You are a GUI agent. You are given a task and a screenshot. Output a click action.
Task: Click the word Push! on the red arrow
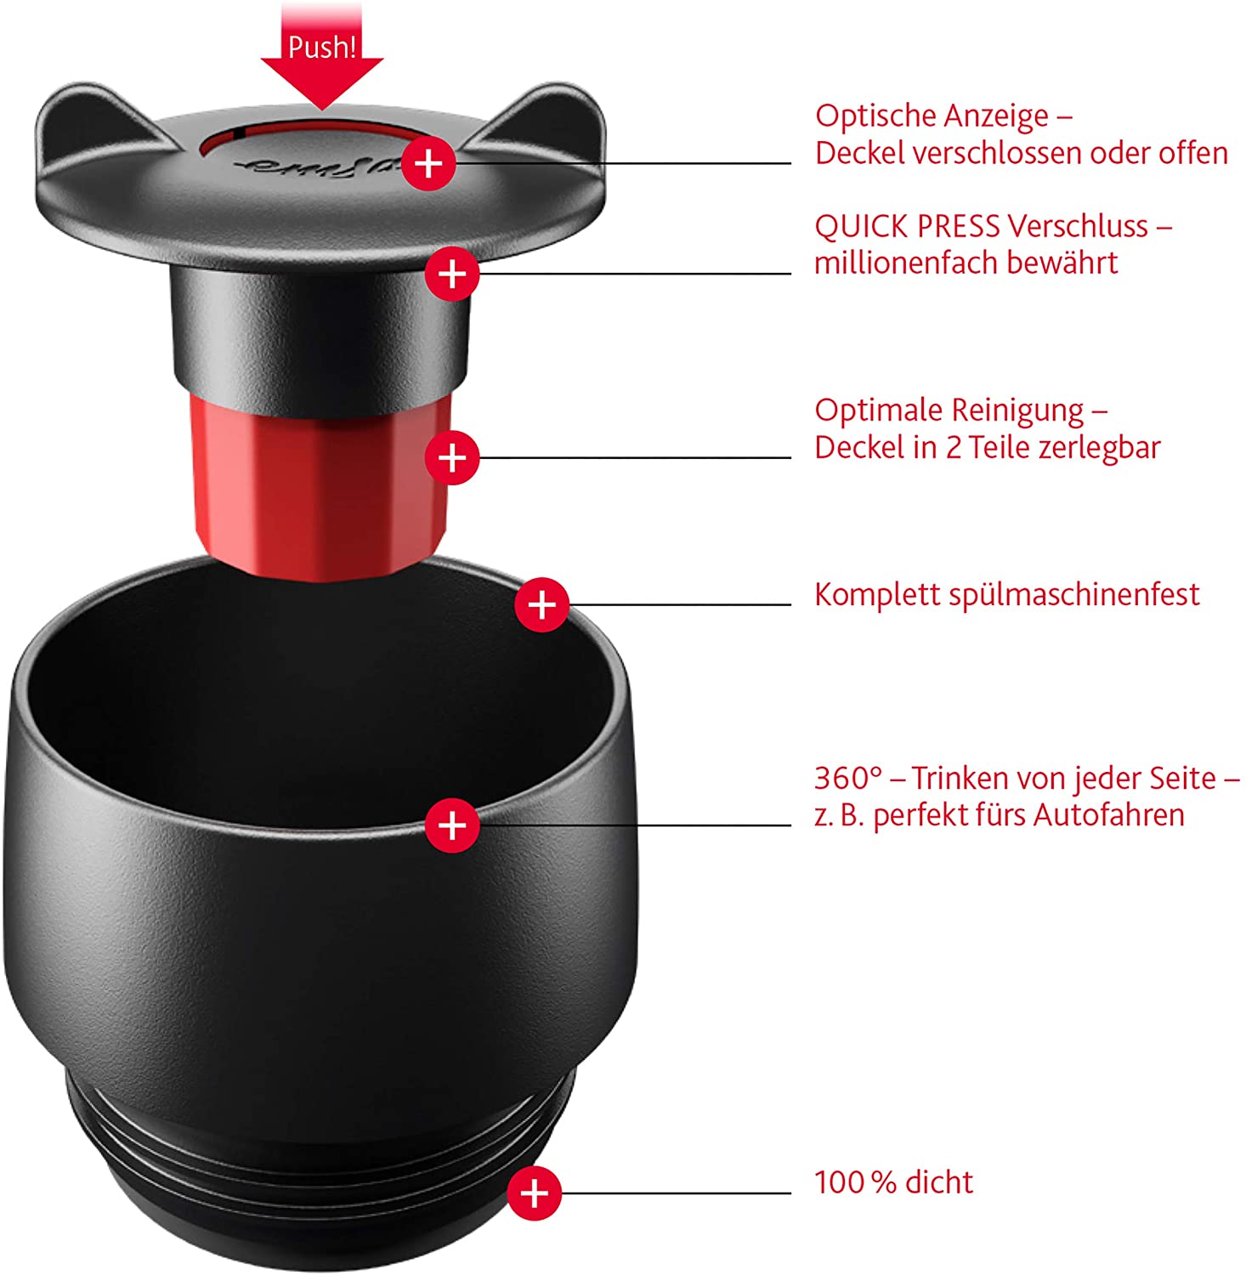tap(321, 48)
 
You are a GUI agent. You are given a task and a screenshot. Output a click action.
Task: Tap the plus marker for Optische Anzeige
tap(428, 162)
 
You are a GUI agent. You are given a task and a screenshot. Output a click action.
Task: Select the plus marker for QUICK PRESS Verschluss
tap(451, 274)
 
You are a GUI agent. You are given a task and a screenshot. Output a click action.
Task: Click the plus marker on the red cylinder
tap(451, 458)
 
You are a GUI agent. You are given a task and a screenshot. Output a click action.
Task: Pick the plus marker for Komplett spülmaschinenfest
tap(541, 605)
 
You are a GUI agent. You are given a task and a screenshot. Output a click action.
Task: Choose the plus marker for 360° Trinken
tap(451, 824)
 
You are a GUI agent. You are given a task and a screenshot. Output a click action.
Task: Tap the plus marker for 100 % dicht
tap(534, 1193)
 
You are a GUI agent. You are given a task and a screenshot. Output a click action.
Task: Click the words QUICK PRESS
tap(906, 227)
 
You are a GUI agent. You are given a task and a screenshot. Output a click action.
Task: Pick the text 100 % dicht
tap(893, 1182)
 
